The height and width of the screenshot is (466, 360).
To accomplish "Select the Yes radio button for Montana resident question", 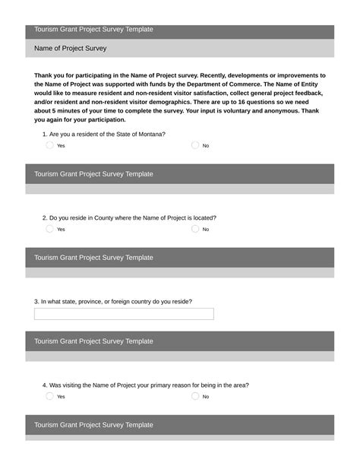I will tap(49, 145).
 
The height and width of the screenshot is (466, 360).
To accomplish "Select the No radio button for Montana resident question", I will tap(195, 145).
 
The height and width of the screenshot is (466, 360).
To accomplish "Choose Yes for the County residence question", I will tap(49, 229).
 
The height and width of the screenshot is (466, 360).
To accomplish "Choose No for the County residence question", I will tap(195, 229).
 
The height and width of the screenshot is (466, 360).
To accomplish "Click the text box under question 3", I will tap(124, 314).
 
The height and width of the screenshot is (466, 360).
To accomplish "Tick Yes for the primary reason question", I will tap(49, 396).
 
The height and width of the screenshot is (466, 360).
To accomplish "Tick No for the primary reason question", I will tap(195, 396).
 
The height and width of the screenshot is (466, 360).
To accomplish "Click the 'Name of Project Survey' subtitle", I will tap(71, 49).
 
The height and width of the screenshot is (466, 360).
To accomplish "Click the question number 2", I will tap(45, 217).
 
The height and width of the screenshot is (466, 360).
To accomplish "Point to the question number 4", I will tap(45, 385).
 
